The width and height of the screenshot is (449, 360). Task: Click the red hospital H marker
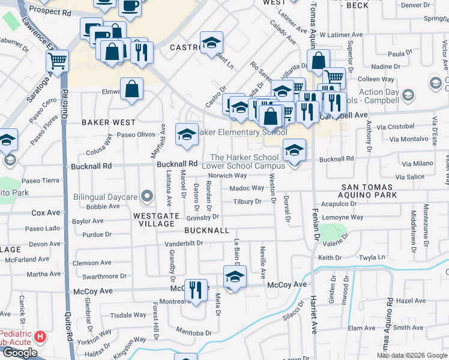[40, 337]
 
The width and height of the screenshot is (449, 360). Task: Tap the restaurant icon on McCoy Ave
[196, 290]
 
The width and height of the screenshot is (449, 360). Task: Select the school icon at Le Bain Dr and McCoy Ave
[235, 277]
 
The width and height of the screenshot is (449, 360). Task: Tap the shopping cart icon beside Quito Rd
[57, 60]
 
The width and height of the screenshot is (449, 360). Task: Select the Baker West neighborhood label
[106, 122]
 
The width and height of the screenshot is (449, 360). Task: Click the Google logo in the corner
[20, 353]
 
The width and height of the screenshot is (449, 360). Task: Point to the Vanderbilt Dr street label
[184, 244]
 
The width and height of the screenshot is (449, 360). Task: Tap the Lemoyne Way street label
[342, 217]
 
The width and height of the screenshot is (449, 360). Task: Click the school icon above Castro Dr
[211, 42]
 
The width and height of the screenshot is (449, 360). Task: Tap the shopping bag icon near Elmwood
[131, 89]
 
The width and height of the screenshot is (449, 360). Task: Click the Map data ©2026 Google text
[412, 355]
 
